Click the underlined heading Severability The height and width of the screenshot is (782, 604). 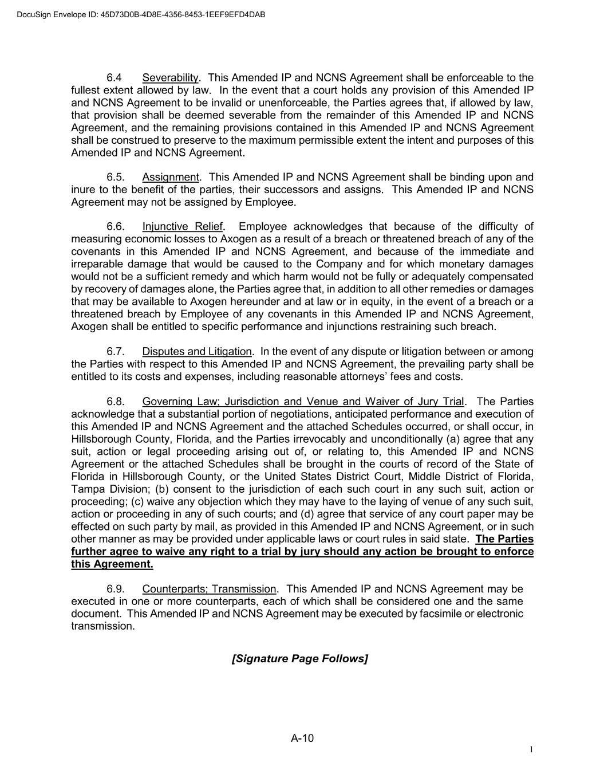click(x=170, y=78)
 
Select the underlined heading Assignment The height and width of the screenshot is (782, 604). click(x=171, y=177)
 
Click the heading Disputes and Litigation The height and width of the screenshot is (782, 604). click(x=197, y=351)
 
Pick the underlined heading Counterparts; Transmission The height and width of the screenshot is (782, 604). click(x=210, y=589)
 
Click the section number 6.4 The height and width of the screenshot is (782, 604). click(x=114, y=78)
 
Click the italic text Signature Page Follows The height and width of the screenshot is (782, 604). click(x=299, y=659)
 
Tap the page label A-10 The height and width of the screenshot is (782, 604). click(x=302, y=738)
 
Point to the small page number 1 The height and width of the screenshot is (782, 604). click(x=531, y=750)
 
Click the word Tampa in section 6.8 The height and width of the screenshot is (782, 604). click(x=86, y=489)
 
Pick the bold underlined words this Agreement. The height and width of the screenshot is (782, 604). click(x=112, y=564)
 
